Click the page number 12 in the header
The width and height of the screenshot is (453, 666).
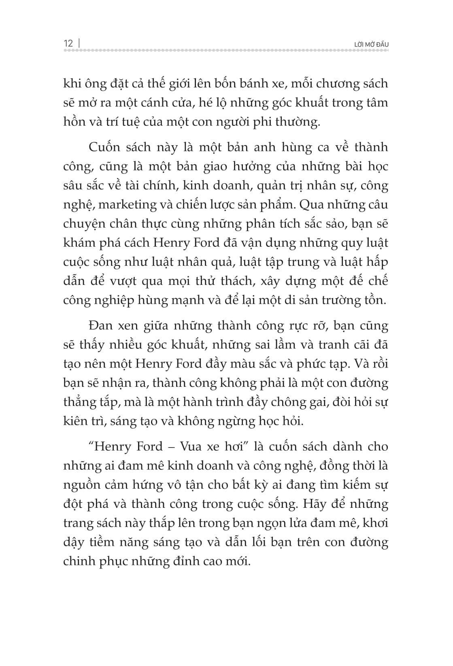coord(68,43)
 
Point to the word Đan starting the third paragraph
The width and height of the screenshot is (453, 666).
coord(99,326)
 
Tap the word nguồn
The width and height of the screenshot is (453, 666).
coord(78,485)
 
